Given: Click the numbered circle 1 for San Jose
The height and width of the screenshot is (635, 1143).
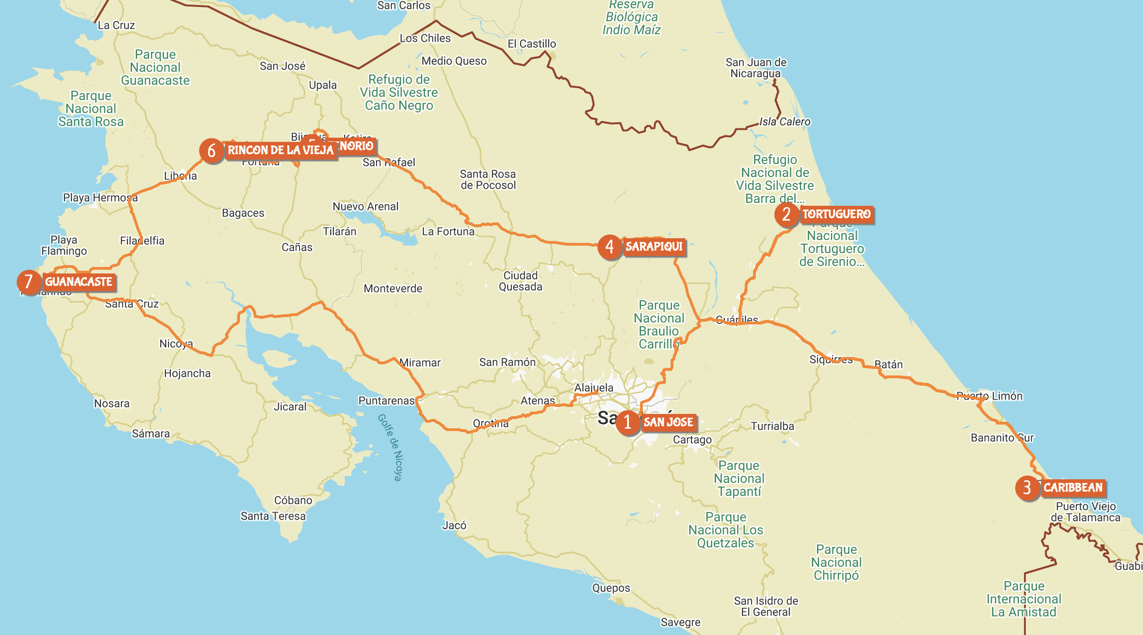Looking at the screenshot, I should click(628, 422).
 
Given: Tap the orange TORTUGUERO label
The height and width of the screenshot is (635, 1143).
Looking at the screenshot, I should click(836, 214).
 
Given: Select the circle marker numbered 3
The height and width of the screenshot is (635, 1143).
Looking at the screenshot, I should click(1027, 488).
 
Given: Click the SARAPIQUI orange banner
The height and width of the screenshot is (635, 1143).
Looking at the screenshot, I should click(654, 247).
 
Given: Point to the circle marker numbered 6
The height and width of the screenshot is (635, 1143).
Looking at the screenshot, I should click(212, 151).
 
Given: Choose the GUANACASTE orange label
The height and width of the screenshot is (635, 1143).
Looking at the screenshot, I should click(79, 282).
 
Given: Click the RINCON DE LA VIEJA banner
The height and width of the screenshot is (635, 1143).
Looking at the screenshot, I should click(281, 150).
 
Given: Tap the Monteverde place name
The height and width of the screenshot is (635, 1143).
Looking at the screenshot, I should click(393, 288).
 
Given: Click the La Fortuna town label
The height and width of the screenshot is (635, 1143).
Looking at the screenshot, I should click(448, 231).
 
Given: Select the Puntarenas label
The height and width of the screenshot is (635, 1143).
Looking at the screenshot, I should click(386, 400).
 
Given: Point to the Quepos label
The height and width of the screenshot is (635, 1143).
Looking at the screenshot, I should click(611, 588).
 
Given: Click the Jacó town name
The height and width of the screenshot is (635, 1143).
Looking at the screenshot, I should click(454, 525).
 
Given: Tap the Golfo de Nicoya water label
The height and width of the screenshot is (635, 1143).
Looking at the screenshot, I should click(390, 447).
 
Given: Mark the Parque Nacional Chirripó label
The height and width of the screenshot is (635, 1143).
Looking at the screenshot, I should click(836, 562).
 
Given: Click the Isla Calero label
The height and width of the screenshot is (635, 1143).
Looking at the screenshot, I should click(785, 121).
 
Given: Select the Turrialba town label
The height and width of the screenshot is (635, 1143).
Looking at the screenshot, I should click(772, 426).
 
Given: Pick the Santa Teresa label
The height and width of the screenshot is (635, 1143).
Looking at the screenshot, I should click(273, 516).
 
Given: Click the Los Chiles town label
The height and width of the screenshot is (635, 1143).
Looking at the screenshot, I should click(425, 38).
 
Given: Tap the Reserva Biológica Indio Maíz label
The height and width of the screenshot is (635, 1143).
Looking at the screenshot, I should click(631, 17).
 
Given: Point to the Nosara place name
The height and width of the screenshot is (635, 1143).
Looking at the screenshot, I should click(112, 403).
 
